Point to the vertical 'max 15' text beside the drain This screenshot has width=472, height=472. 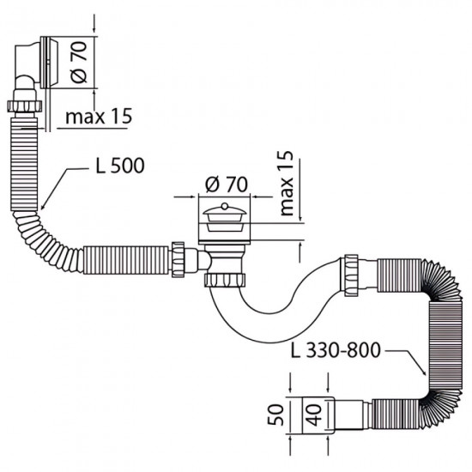(x=287, y=182)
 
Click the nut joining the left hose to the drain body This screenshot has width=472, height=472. (x=180, y=256)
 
